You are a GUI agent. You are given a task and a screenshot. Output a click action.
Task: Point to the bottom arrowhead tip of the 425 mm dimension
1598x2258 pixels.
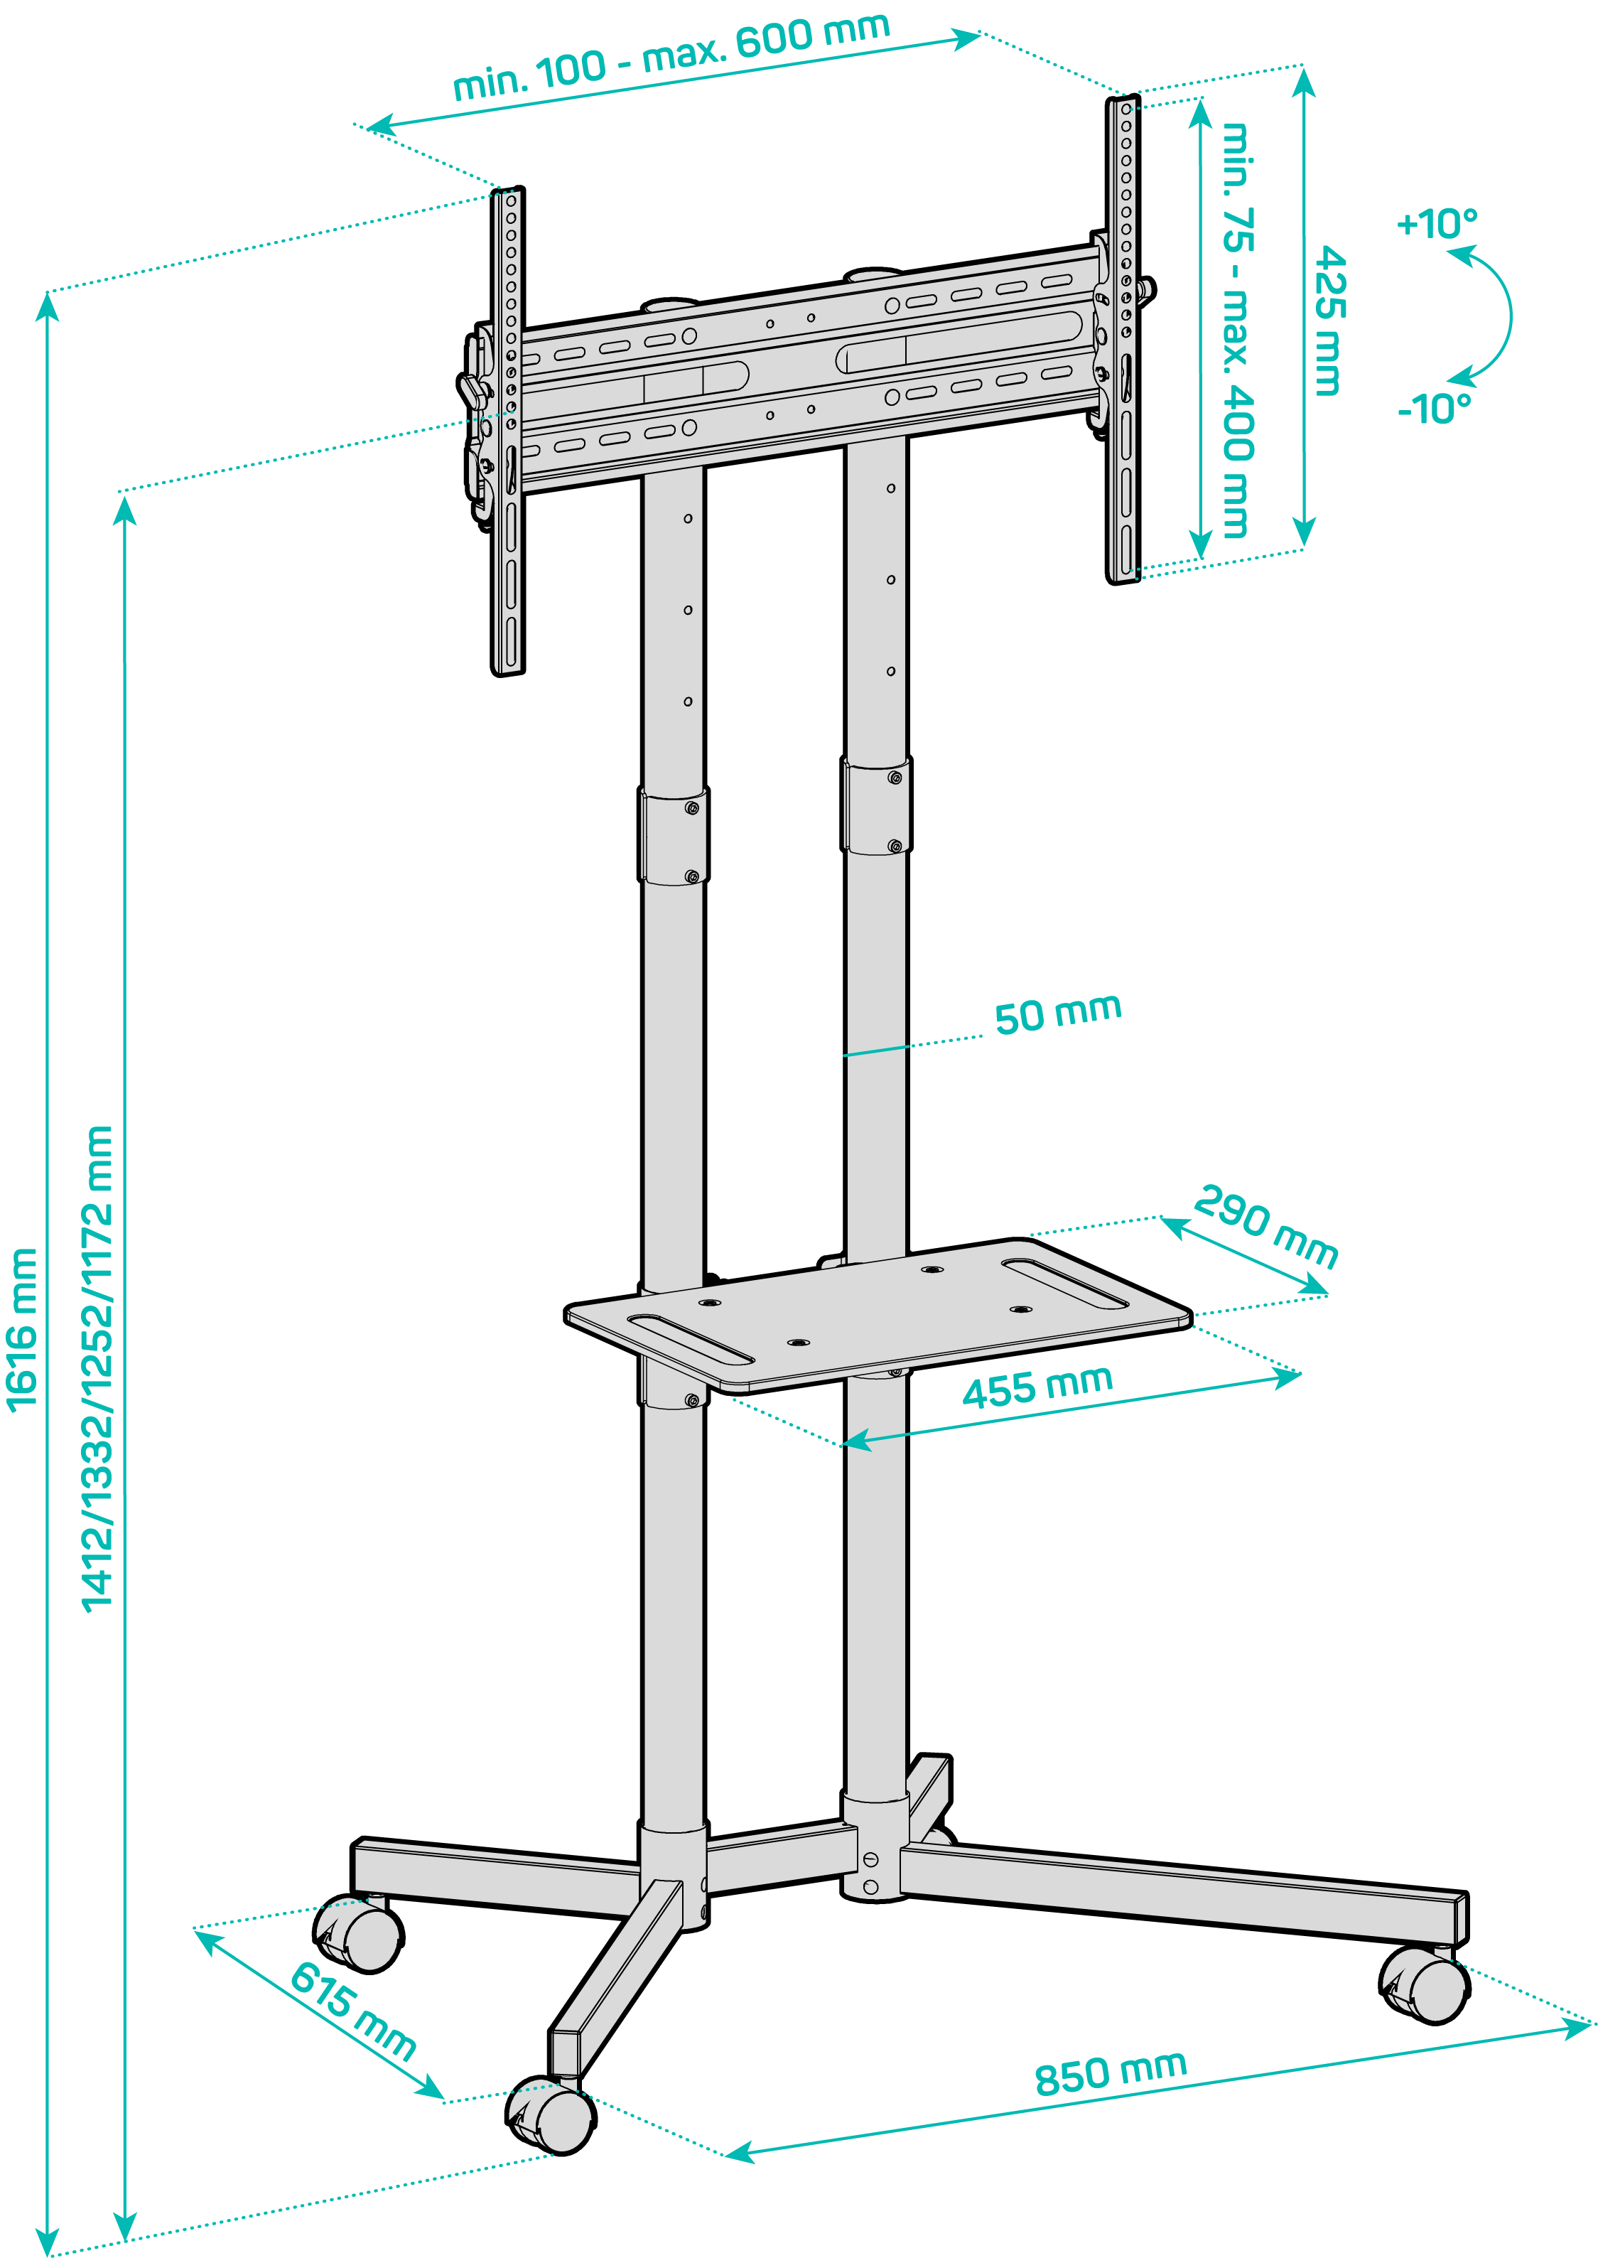1304,547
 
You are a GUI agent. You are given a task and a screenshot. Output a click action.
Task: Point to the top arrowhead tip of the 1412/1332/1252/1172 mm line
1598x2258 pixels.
124,499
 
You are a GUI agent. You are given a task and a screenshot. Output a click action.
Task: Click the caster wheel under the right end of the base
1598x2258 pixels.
1424,1985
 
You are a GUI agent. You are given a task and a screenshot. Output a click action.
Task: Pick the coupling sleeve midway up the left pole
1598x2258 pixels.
673,834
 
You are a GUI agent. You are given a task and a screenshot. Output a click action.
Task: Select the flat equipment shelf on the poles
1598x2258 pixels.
878,1315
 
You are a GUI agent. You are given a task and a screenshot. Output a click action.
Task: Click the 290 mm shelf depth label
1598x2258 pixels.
1266,1227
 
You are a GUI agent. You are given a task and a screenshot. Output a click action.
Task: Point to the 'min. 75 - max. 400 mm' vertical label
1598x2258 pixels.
1238,330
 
